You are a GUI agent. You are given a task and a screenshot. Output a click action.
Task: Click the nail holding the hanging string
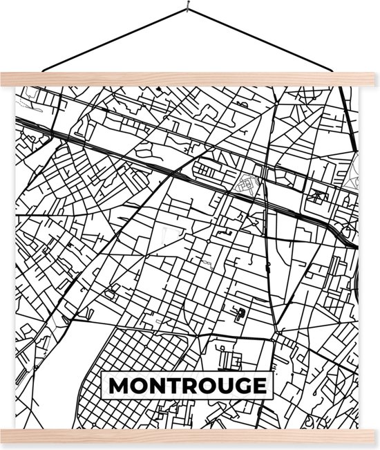click(187, 9)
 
